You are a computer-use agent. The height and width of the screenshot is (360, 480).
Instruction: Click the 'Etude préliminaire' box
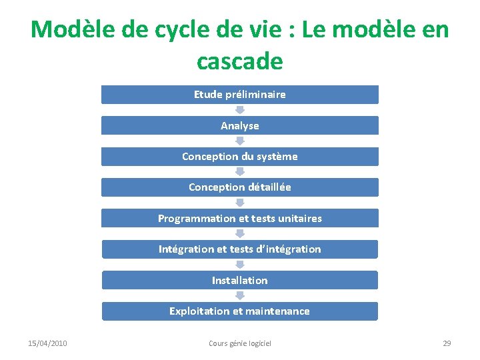coord(239,95)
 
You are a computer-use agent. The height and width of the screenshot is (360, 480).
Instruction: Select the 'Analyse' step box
coord(239,125)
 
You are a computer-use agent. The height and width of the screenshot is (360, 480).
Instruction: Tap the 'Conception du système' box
coord(239,157)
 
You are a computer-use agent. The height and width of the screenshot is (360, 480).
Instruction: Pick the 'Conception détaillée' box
coord(239,187)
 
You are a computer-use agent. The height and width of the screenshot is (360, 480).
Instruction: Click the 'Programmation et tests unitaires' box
coord(239,219)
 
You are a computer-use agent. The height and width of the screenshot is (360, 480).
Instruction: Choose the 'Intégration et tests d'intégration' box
coord(239,249)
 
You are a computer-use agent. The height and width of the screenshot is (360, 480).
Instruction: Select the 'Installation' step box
coord(239,281)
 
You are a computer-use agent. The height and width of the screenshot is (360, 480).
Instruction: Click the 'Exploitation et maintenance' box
coord(239,311)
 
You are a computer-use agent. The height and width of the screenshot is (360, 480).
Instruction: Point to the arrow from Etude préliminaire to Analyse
coord(240,110)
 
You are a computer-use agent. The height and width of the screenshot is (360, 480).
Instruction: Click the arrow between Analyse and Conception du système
coord(240,141)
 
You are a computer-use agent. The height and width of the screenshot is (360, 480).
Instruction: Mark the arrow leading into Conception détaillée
coord(240,172)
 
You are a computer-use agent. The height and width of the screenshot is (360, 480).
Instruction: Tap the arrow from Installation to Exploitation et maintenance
coord(240,296)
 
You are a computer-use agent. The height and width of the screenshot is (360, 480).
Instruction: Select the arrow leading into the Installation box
coord(240,265)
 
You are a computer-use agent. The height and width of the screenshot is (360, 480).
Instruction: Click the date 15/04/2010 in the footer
coord(47,343)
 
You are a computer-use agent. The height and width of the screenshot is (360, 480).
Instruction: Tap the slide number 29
coord(447,343)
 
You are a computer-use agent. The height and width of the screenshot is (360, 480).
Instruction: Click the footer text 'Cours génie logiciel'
coord(240,343)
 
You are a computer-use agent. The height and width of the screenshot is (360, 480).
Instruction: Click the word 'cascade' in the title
coord(240,61)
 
